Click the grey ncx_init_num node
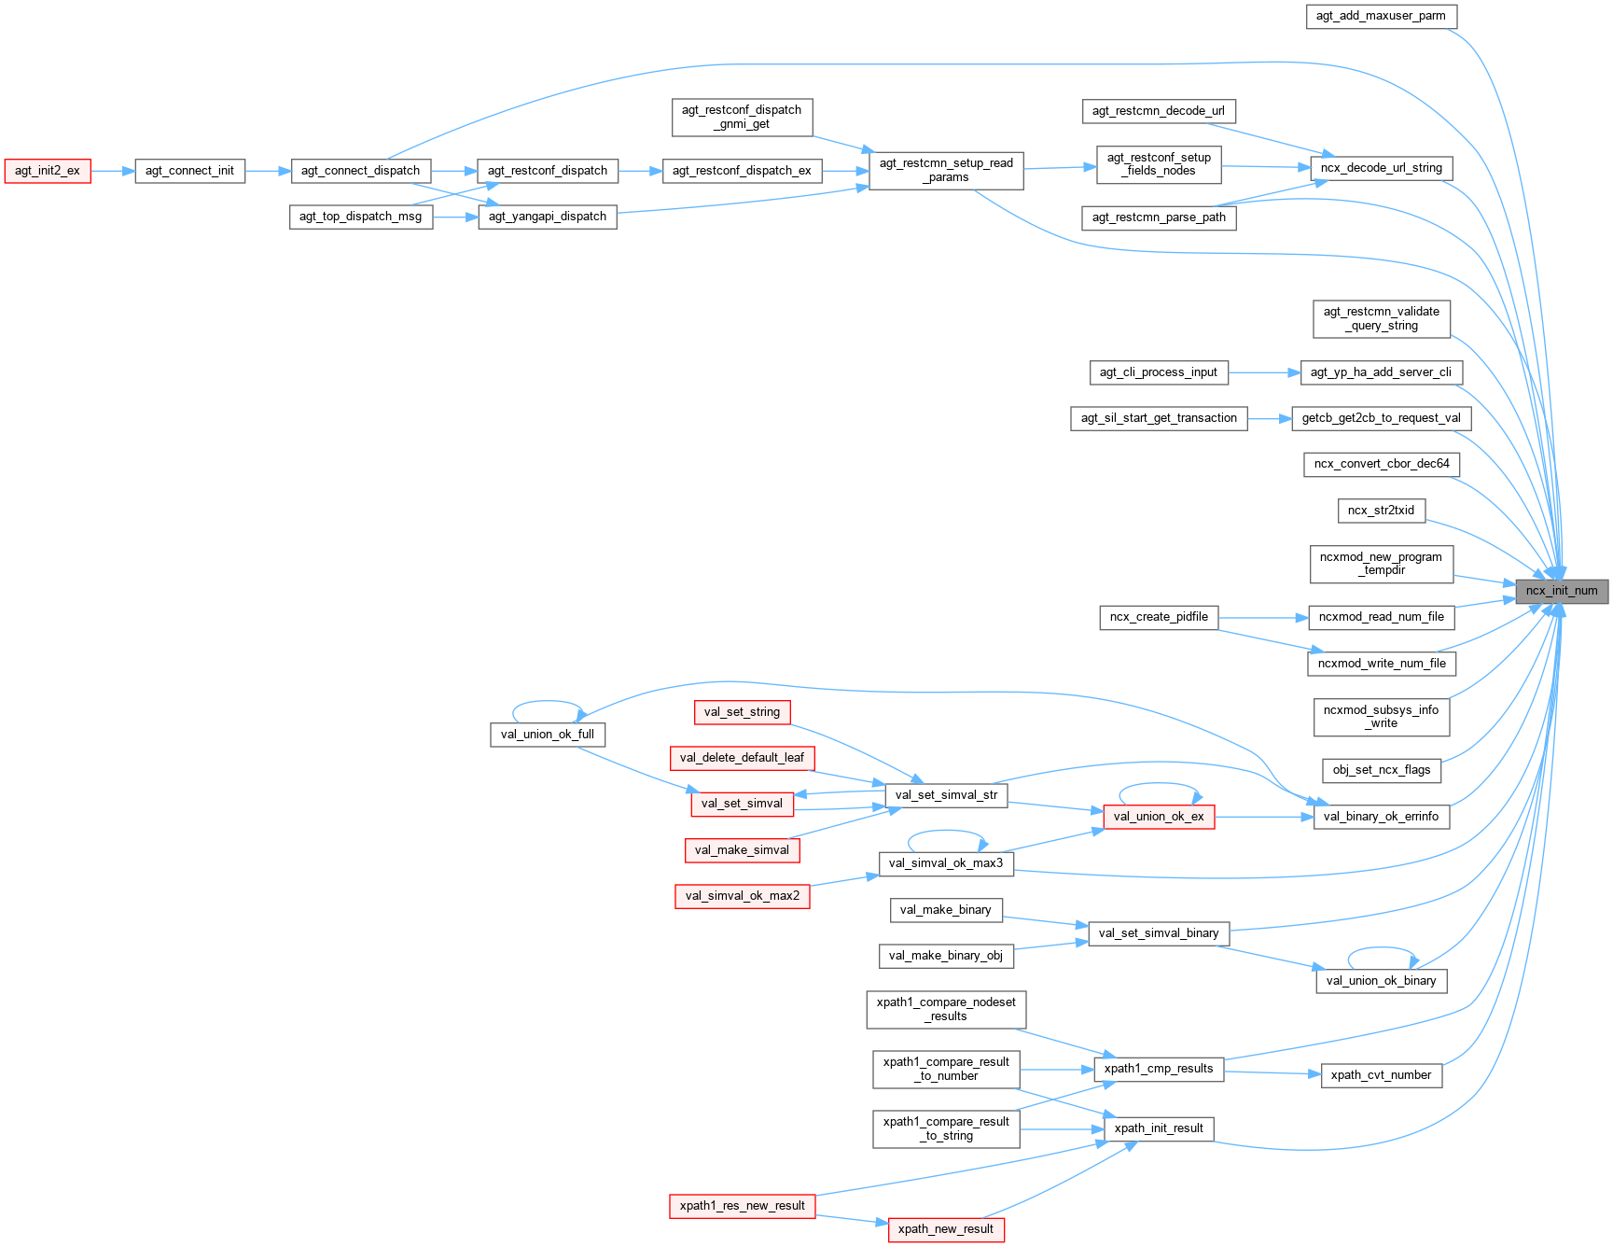pos(1561,591)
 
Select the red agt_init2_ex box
pos(48,171)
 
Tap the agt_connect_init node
pos(189,171)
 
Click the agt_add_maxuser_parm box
pos(1381,16)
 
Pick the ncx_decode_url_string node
pos(1381,168)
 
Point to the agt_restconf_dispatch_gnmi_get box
pos(742,117)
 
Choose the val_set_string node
pos(742,712)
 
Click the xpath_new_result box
pos(945,1229)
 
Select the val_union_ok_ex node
pos(1159,817)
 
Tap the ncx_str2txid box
pos(1381,511)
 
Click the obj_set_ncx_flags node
pos(1381,770)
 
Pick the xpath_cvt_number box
pos(1381,1075)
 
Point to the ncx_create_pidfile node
pos(1159,617)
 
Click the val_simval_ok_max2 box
pos(742,896)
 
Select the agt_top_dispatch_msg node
pos(360,217)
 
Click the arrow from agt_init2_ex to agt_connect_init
pos(113,171)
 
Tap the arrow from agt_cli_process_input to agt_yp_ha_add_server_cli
pos(1264,372)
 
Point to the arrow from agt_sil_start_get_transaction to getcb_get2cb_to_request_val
pos(1269,419)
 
